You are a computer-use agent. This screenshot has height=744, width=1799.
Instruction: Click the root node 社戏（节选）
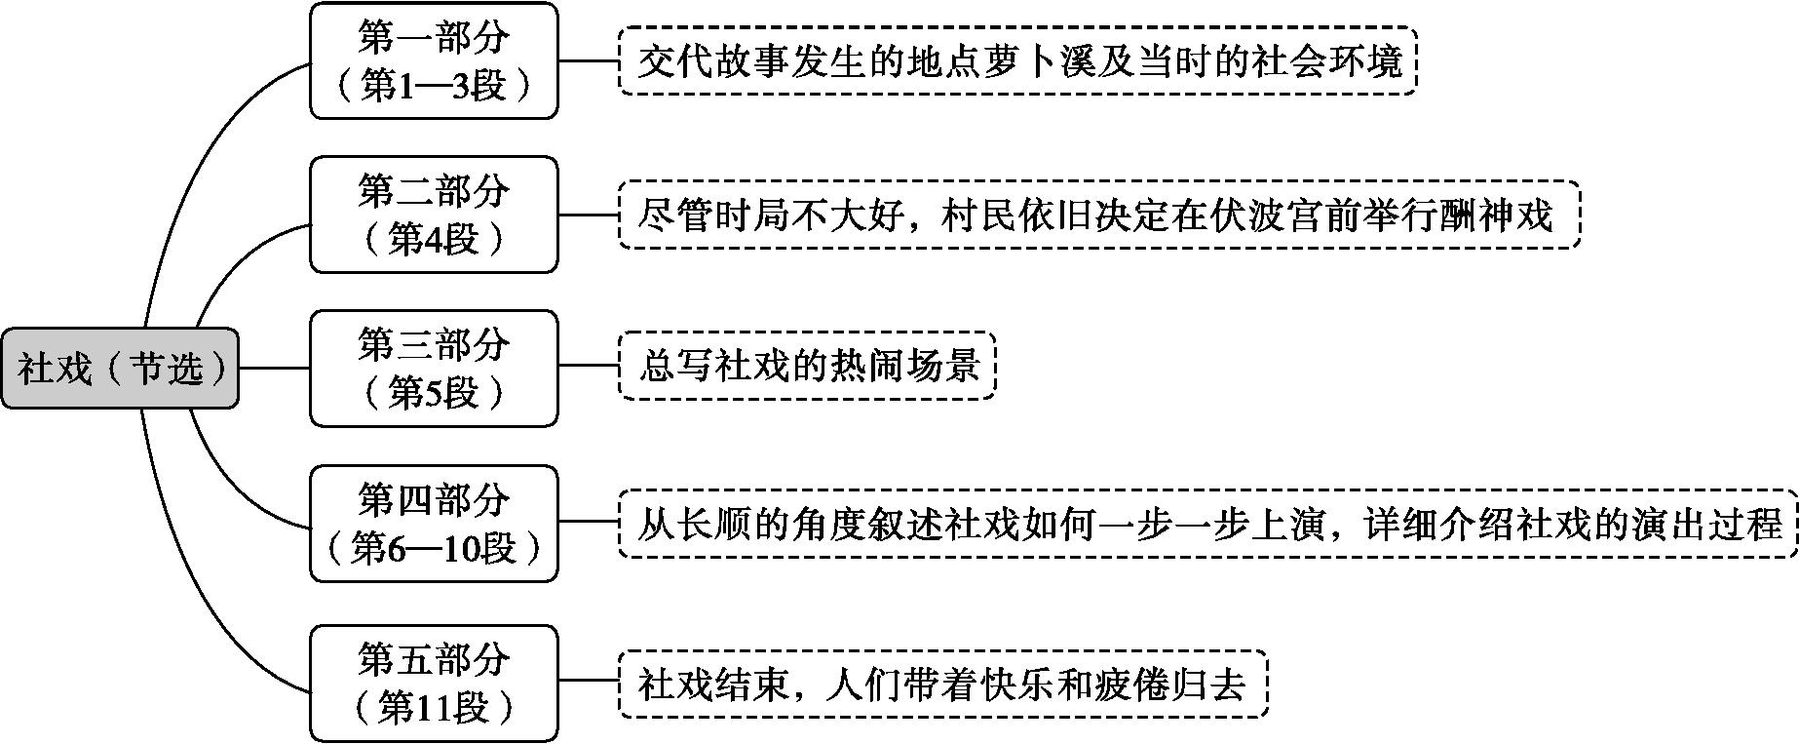point(120,369)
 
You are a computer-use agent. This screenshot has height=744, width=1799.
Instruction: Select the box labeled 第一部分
point(434,60)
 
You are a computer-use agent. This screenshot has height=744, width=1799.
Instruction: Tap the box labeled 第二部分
point(434,215)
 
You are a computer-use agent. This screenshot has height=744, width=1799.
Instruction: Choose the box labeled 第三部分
point(434,369)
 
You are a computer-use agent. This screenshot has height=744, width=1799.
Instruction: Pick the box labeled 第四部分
point(434,525)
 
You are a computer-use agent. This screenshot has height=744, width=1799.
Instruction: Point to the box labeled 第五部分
point(434,684)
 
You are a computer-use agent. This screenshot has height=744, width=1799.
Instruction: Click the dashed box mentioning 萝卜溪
point(1017,61)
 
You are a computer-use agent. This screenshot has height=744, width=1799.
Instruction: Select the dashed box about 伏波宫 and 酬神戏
point(1099,215)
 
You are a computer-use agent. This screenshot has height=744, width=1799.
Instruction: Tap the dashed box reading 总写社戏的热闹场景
point(807,367)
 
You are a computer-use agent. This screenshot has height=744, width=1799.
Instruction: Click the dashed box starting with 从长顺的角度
point(1208,525)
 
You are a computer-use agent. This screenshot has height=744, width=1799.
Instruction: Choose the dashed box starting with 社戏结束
point(943,684)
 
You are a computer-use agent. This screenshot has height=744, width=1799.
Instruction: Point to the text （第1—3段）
point(434,86)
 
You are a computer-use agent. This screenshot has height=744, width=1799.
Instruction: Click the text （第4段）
point(434,240)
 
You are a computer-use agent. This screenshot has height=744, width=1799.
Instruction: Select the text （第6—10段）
point(434,550)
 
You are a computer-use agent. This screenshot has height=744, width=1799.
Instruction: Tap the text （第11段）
point(434,709)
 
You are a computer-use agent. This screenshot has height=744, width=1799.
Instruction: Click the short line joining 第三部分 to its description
point(589,367)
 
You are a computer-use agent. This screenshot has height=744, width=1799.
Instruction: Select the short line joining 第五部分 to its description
point(589,683)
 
